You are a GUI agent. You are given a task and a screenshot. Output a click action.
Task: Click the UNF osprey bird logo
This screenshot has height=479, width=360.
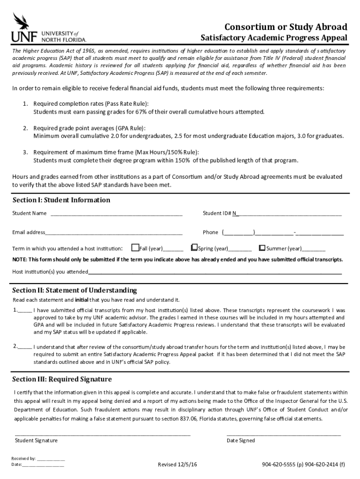(22, 22)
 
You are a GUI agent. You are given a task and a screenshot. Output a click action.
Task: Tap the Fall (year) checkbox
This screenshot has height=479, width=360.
(136, 247)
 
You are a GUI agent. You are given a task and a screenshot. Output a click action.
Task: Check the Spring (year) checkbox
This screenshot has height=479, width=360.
(194, 247)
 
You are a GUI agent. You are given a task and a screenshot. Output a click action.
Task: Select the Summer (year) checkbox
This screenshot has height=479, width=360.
(262, 247)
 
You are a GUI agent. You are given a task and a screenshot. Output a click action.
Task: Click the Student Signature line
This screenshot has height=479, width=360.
(102, 435)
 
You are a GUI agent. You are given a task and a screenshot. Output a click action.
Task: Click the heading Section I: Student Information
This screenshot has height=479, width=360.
(61, 200)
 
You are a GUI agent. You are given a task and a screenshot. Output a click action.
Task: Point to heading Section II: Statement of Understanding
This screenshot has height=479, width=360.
(74, 290)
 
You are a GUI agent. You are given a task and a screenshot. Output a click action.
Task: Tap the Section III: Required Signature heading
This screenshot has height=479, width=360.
(62, 379)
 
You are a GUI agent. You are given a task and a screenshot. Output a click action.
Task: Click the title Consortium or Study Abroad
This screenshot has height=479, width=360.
(286, 27)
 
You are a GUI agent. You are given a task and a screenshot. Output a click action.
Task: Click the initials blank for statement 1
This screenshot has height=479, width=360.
(25, 311)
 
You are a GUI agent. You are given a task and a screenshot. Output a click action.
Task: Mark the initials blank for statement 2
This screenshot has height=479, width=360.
(25, 347)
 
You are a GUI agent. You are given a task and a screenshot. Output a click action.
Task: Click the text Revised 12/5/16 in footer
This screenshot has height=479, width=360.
(177, 464)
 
